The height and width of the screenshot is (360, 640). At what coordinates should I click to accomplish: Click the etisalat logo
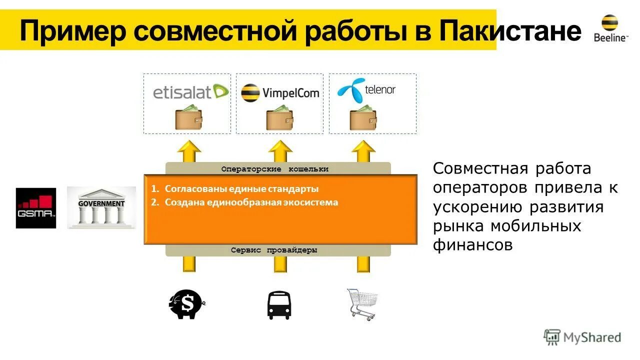[x=190, y=92]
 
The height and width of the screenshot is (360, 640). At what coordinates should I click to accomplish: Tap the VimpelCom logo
[x=280, y=92]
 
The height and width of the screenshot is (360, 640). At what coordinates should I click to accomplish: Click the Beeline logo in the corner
[x=609, y=28]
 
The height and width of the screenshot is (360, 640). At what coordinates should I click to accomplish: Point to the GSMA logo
[x=35, y=208]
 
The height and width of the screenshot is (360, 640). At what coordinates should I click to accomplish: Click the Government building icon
[x=101, y=207]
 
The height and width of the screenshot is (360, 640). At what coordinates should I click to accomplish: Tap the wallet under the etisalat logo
[x=188, y=118]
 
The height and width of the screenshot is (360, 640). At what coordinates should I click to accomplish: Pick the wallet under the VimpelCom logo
[x=279, y=118]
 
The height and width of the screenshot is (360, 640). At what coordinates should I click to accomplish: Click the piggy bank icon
[x=186, y=304]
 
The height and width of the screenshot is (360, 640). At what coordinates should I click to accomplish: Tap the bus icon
[x=278, y=305]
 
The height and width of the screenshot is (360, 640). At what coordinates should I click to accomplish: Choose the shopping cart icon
[x=362, y=304]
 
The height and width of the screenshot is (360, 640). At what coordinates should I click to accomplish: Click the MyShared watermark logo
[x=582, y=337]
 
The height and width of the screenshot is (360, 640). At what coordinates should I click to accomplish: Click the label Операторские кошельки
[x=275, y=169]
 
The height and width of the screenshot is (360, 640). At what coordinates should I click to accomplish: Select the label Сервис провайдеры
[x=274, y=250]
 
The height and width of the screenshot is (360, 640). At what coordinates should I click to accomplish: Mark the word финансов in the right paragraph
[x=472, y=245]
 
